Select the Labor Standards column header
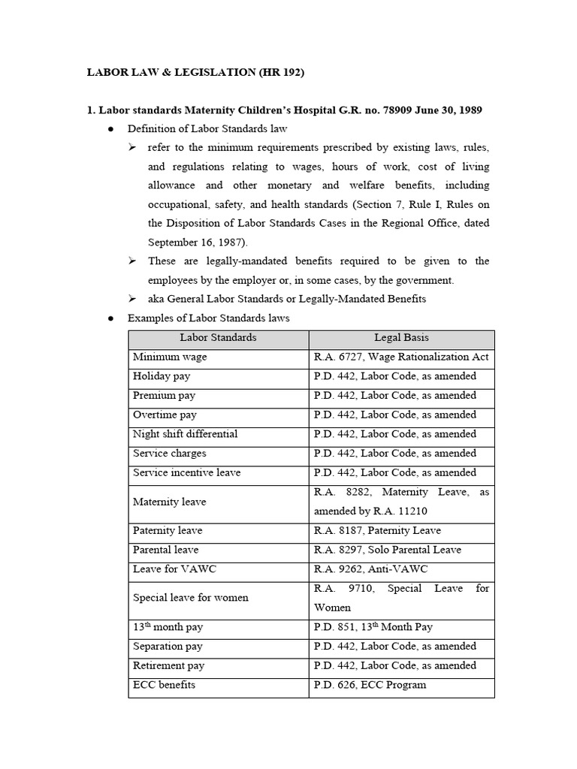point(218,338)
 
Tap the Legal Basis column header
point(401,338)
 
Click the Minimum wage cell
point(170,357)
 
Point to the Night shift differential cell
point(185,434)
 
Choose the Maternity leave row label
point(169,502)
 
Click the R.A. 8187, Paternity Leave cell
point(377,531)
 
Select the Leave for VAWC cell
point(174,569)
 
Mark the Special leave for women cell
point(190,598)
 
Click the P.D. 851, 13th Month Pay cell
point(373,627)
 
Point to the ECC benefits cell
point(165,685)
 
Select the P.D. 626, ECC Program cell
point(370,685)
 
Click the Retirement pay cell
point(169,665)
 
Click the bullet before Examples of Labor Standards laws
point(110,318)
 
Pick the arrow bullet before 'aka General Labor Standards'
point(132,299)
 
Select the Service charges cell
point(169,454)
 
